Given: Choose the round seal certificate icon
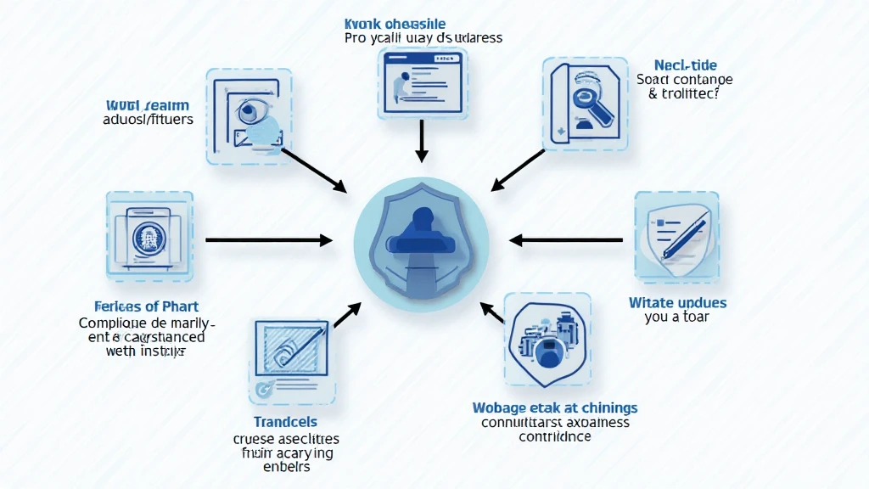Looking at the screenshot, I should tap(149, 235).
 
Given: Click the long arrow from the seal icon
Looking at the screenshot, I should tap(268, 241).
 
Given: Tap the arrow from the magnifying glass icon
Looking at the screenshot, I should tap(519, 169).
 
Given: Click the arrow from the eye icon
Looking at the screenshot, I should tap(313, 169).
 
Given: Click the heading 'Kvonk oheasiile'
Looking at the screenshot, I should tap(395, 24).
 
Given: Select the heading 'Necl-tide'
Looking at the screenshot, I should tap(686, 65).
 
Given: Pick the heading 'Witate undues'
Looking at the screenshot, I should tap(677, 302).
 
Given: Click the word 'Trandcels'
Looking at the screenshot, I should tap(285, 422).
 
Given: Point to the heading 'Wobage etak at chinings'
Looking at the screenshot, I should tap(554, 407).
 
